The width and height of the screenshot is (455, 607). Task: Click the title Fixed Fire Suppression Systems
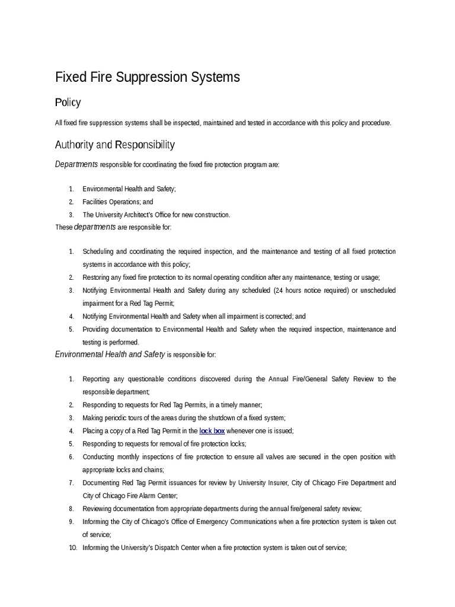pos(148,77)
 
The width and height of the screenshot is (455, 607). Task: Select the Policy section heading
pos(68,103)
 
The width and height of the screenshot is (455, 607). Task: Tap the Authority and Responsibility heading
pos(115,145)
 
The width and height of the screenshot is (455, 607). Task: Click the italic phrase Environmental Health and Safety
pos(110,354)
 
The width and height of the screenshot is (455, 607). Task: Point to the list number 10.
pos(73,548)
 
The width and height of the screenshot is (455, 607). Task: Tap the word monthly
pos(134,457)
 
